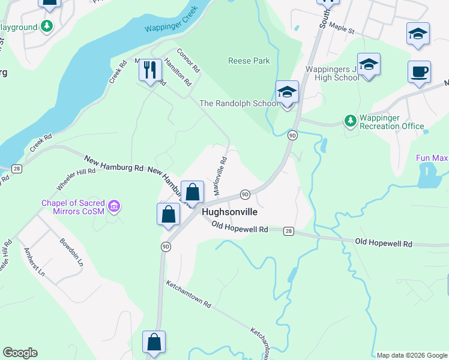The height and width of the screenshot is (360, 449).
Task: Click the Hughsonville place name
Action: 230,212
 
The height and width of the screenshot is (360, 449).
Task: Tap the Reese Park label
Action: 249,61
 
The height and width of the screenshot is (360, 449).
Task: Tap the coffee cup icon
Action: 419,71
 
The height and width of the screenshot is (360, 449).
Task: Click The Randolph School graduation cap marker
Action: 287,92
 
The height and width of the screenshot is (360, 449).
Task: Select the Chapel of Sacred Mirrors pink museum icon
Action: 114,207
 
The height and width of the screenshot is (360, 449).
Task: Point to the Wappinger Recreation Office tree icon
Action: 350,121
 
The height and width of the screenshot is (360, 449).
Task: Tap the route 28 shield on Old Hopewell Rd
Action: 289,230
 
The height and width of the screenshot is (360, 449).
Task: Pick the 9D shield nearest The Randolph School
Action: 292,135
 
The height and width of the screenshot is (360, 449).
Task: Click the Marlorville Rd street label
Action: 220,177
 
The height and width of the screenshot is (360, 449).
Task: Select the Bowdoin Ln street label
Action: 71,253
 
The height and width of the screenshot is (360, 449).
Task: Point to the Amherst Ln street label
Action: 34,261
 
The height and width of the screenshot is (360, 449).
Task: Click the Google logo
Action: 20,353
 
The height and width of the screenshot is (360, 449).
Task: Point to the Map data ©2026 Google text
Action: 412,355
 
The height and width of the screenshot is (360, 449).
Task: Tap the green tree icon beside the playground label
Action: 46,27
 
